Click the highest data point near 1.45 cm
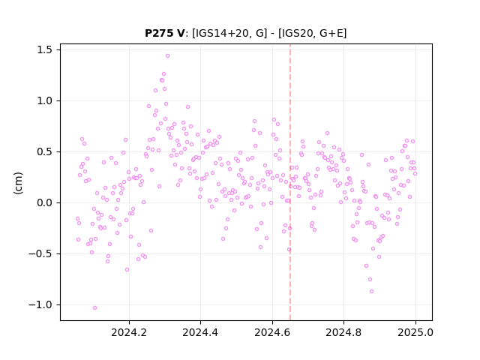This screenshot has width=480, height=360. click(x=167, y=55)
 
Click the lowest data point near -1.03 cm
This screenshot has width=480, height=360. click(x=95, y=307)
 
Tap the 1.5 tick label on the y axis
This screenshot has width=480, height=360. click(x=44, y=50)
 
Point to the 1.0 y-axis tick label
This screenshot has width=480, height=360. click(x=44, y=100)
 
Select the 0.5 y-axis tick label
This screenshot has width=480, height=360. click(x=44, y=151)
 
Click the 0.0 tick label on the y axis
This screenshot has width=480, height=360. click(x=44, y=202)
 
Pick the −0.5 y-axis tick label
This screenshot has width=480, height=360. click(x=40, y=253)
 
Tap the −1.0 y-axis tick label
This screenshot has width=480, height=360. click(x=40, y=305)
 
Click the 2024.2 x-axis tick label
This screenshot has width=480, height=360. click(x=129, y=332)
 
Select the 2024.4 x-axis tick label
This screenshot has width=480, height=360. click(x=200, y=332)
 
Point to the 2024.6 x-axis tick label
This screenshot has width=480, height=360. click(x=272, y=332)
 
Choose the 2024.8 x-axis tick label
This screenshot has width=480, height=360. click(x=343, y=332)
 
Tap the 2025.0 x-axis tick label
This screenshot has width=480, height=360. click(x=415, y=332)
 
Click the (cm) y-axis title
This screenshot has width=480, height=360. click(x=18, y=183)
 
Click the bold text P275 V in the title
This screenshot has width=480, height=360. click(x=165, y=33)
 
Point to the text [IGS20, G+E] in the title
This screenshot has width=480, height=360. click(x=313, y=33)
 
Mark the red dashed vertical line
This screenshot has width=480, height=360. click(x=290, y=182)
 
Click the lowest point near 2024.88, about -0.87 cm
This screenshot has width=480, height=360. click(x=371, y=292)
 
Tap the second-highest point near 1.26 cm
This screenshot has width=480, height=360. click(x=163, y=73)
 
